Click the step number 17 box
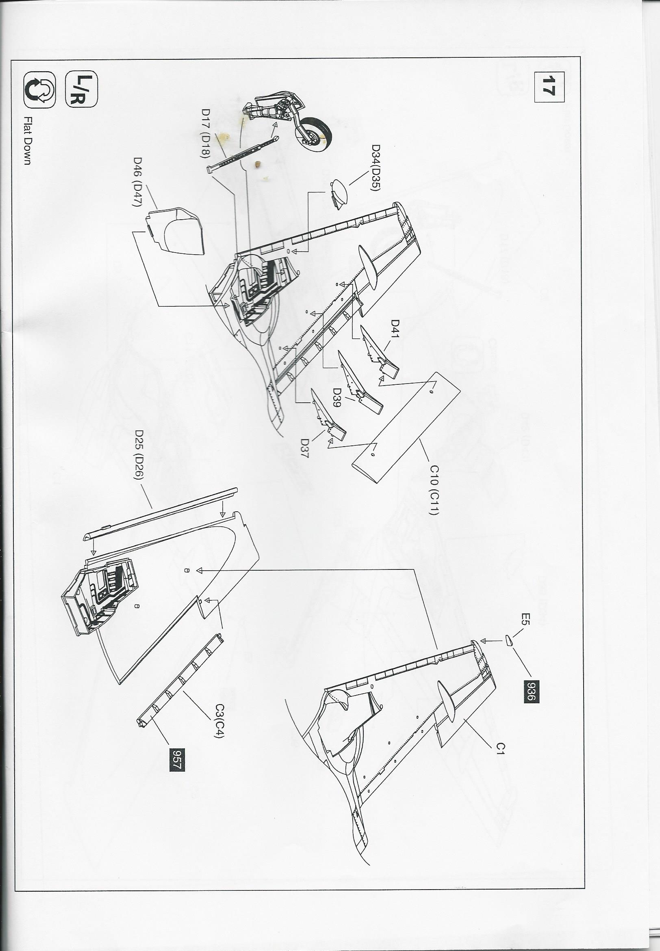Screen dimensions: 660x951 tap(549, 87)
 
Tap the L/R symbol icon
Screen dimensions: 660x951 tap(81, 90)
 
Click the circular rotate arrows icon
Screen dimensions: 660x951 tap(39, 89)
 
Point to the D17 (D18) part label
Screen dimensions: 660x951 tap(206, 135)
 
